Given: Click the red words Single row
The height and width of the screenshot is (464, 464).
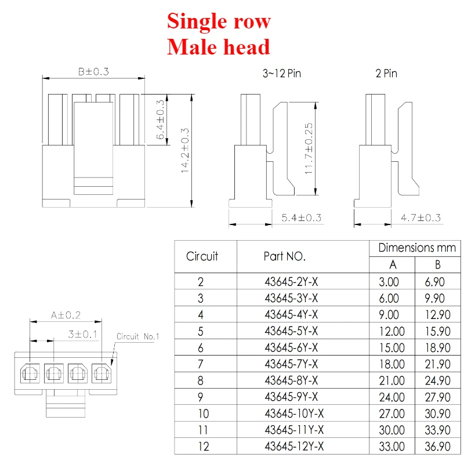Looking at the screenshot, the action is pos(219,21).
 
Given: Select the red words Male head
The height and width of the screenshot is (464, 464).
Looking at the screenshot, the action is pos(219,47).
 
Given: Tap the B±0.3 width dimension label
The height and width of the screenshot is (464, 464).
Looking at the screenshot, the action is pos(93,71).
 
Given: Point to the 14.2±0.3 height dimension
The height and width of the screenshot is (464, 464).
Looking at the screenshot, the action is pos(185,150).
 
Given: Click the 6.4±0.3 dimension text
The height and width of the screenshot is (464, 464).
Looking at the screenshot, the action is pos(160,119).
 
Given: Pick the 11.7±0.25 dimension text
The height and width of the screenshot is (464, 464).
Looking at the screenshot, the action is pos(309,148).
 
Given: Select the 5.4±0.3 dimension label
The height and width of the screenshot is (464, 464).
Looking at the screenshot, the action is pos(301,218).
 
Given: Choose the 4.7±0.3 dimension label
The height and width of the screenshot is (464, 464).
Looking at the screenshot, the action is pos(420,218).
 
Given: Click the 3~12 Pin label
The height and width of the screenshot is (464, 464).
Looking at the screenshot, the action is pos(282,74).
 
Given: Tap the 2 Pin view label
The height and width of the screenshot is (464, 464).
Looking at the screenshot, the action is pos(386,74).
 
